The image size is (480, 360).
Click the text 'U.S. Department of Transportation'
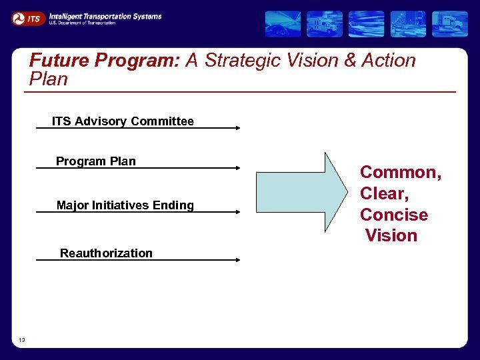[x=81, y=23]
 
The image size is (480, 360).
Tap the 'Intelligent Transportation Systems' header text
[x=105, y=16]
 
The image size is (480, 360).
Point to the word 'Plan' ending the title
[x=49, y=79]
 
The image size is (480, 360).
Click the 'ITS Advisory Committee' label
[x=123, y=121]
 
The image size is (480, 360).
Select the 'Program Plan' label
[x=95, y=161]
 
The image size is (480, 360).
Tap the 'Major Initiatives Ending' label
[x=125, y=205]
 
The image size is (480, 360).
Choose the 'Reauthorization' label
[x=106, y=253]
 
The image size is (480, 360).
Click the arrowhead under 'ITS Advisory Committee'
[x=237, y=128]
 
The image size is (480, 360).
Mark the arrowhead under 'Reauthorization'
[x=237, y=259]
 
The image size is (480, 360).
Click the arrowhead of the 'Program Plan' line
[x=237, y=168]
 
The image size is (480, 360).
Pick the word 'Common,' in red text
[x=400, y=173]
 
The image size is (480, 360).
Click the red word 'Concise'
[x=393, y=215]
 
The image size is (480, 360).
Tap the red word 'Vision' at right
[x=391, y=235]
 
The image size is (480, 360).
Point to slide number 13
[x=22, y=340]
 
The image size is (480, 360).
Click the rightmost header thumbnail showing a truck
[x=449, y=23]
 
